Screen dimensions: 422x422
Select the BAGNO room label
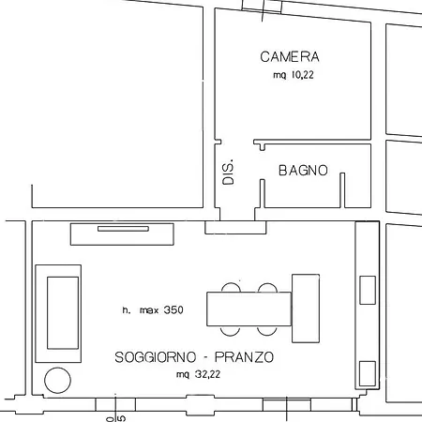tap(303, 171)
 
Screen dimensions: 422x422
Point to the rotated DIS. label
tap(229, 171)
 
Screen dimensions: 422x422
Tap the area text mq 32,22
tap(195, 373)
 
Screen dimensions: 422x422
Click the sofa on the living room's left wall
tap(58, 313)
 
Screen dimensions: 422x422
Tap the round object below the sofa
tap(57, 380)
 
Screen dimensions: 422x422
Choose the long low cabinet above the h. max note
tap(122, 234)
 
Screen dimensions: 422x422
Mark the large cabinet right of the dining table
tap(308, 308)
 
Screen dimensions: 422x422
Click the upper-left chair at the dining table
tap(231, 288)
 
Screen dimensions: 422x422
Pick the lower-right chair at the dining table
tap(268, 329)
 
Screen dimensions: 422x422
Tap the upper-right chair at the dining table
tap(268, 288)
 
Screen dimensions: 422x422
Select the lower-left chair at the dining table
tap(231, 329)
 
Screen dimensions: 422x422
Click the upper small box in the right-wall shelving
tap(367, 290)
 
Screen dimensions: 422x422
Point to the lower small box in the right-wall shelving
tap(367, 372)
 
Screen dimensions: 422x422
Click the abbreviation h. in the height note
tap(126, 309)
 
